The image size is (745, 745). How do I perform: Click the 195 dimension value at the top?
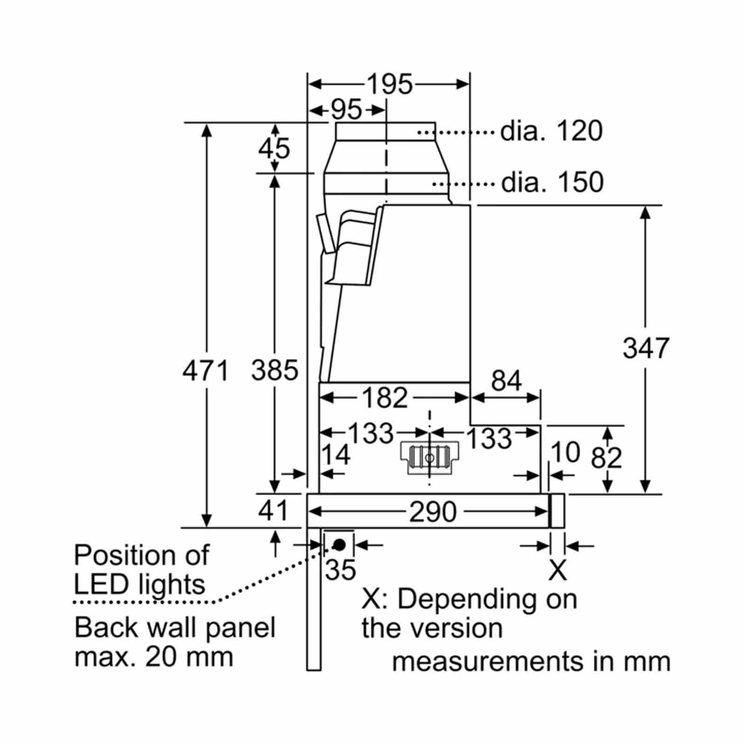point(390,84)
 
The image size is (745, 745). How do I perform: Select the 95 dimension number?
point(346,110)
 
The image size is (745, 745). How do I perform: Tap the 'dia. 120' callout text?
point(551,131)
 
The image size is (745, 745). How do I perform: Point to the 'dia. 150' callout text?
point(552,182)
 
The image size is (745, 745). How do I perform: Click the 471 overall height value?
point(205,371)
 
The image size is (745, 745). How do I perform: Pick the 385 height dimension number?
point(275,371)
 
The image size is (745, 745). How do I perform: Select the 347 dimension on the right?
point(646,348)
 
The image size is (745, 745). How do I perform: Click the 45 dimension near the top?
point(274,149)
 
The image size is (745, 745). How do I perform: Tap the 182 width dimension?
point(385,398)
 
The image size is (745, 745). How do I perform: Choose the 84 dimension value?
point(507,380)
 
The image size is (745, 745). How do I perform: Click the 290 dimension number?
point(433,512)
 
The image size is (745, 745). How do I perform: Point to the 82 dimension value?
point(606,458)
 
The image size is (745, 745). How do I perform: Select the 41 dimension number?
point(273,510)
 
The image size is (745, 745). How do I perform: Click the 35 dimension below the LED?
point(340,569)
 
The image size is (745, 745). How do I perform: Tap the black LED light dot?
point(339,544)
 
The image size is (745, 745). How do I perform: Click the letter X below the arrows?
point(557,569)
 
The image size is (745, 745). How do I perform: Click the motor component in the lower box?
point(429,459)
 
